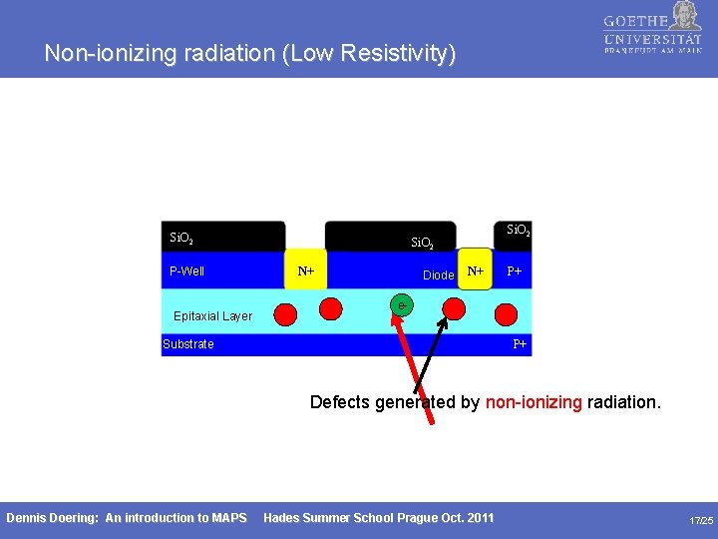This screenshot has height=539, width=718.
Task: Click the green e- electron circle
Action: click(x=401, y=304)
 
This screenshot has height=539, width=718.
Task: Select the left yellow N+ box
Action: click(x=306, y=270)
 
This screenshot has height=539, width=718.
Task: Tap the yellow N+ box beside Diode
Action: click(x=476, y=269)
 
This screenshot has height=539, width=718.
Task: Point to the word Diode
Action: click(x=438, y=275)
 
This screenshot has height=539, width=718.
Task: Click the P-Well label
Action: click(x=187, y=270)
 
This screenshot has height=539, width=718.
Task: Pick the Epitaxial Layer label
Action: click(x=212, y=316)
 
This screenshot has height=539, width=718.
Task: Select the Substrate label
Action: click(x=188, y=344)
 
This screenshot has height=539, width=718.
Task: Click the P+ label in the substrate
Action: click(x=520, y=344)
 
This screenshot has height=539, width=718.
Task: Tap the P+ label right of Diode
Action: click(x=514, y=271)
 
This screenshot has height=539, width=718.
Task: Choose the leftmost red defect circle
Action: click(x=285, y=315)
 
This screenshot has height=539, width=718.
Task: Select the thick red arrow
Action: click(x=417, y=365)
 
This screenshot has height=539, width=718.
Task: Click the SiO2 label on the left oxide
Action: click(x=181, y=239)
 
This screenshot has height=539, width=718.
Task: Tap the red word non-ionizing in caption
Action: click(x=534, y=402)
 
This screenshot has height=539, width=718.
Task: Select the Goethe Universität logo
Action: click(x=652, y=35)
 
